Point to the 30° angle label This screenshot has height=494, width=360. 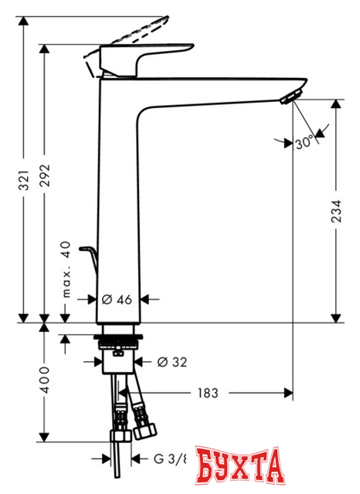point(304,144)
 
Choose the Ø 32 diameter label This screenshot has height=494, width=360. point(171,360)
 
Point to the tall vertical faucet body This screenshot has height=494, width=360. point(118,201)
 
